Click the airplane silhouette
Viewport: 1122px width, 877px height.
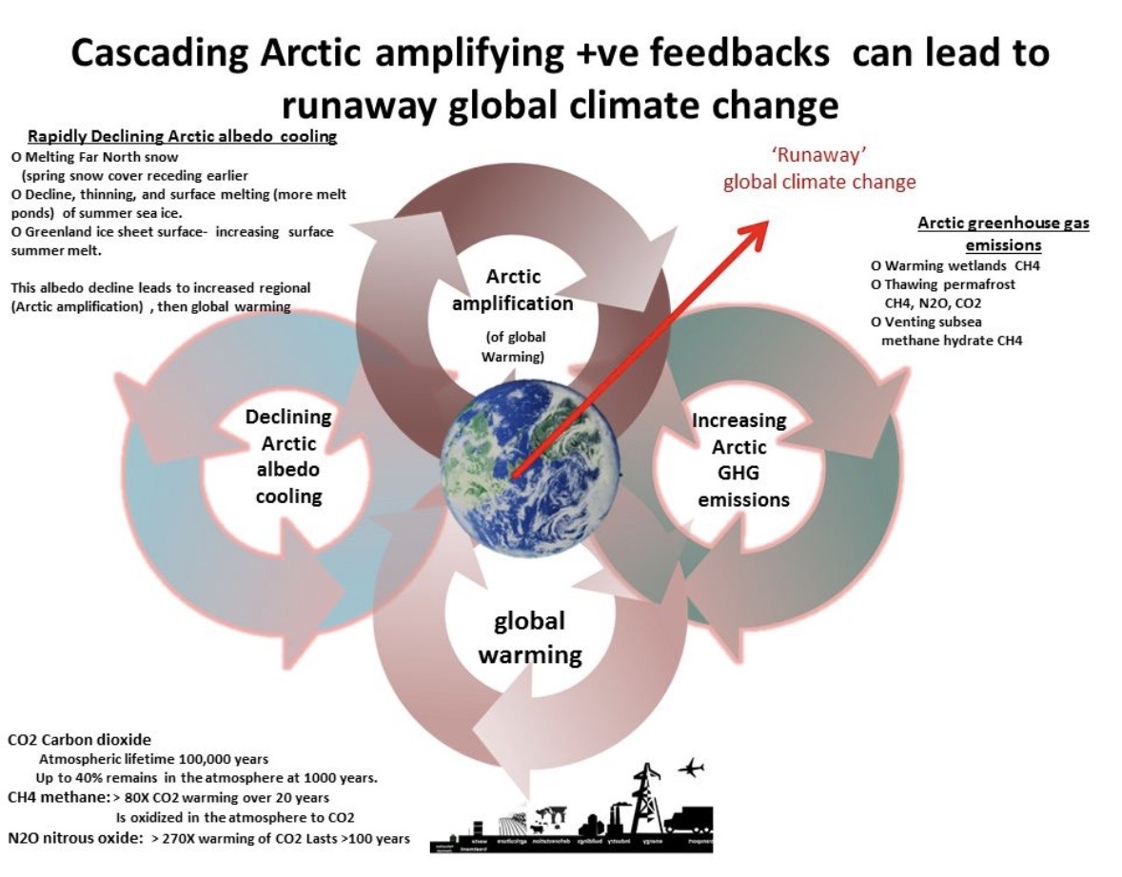click(691, 766)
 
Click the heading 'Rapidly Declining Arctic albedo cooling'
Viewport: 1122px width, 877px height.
click(182, 136)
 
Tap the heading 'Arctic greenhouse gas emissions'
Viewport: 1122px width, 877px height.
click(1003, 233)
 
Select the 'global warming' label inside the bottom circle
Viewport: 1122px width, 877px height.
click(529, 637)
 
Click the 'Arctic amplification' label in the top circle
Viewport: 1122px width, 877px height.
click(513, 290)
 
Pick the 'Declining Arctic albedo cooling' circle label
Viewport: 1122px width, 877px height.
click(288, 457)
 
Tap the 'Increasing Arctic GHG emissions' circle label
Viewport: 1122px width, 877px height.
click(739, 459)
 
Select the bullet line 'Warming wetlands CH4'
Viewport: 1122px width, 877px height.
click(955, 265)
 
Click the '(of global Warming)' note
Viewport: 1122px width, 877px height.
click(513, 346)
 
